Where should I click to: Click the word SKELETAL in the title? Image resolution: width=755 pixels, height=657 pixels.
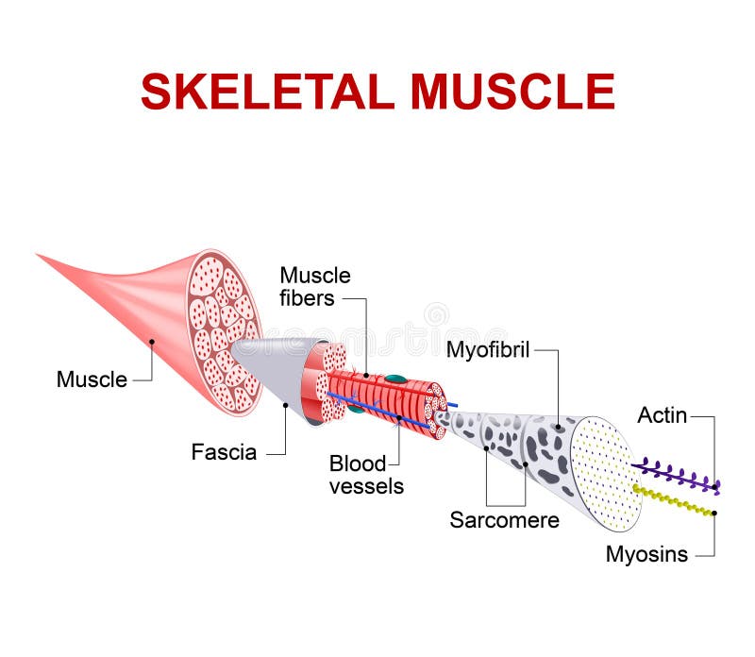[268, 92]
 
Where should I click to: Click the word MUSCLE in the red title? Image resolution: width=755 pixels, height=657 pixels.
[512, 92]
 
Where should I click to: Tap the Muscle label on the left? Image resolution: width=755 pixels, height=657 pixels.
[92, 379]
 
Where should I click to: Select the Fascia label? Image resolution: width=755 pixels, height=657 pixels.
[224, 452]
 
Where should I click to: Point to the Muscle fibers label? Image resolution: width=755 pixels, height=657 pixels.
[315, 287]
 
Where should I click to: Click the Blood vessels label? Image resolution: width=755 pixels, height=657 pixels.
[366, 475]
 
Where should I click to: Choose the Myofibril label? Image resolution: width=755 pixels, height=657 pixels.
[488, 350]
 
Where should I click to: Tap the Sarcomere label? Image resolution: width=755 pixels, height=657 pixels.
[505, 520]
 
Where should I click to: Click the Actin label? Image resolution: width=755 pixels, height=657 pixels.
[663, 415]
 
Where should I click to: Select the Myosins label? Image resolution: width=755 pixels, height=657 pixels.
[646, 554]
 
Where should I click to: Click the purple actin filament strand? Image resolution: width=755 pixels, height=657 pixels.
[677, 476]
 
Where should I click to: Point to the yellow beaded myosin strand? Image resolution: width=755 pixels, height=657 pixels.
[673, 500]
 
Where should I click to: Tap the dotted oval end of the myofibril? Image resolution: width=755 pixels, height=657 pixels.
[606, 474]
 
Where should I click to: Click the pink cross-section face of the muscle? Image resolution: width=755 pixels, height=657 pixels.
[225, 332]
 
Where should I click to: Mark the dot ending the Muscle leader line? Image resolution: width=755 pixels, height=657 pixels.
[152, 342]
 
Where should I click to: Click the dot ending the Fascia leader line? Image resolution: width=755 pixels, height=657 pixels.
[286, 405]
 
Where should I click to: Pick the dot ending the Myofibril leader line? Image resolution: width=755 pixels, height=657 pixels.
[558, 427]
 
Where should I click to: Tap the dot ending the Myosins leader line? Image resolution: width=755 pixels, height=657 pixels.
[714, 514]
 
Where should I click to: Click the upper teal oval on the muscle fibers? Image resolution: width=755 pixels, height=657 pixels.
[394, 379]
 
